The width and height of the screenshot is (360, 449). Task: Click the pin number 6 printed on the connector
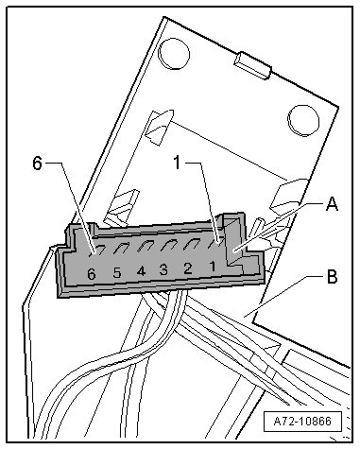click(x=92, y=274)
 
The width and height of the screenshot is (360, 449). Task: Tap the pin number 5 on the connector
click(x=117, y=272)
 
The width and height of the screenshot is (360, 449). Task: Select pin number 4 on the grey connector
click(x=141, y=271)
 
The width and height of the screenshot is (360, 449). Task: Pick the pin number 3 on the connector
click(x=163, y=269)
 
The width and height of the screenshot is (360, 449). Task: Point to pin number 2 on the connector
click(x=188, y=268)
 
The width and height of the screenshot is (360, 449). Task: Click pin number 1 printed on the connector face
click(x=213, y=267)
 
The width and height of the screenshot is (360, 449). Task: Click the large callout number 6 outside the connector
click(x=37, y=164)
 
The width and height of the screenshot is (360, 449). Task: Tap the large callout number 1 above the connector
click(x=178, y=163)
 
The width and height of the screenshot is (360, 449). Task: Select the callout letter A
click(x=332, y=204)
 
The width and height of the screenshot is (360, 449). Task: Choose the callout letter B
click(x=332, y=276)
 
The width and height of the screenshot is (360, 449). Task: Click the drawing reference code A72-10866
click(x=302, y=421)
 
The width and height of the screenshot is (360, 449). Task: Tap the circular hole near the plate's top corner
click(x=174, y=54)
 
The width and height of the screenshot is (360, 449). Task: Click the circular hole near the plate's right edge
click(x=303, y=121)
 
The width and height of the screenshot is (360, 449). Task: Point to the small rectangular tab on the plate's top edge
click(x=252, y=65)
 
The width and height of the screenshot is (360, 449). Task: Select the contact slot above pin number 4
click(x=146, y=246)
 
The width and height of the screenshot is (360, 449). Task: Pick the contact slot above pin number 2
click(x=193, y=243)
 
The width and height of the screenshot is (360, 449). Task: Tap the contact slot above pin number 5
click(x=121, y=248)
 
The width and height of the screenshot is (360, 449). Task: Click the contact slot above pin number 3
click(x=168, y=245)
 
